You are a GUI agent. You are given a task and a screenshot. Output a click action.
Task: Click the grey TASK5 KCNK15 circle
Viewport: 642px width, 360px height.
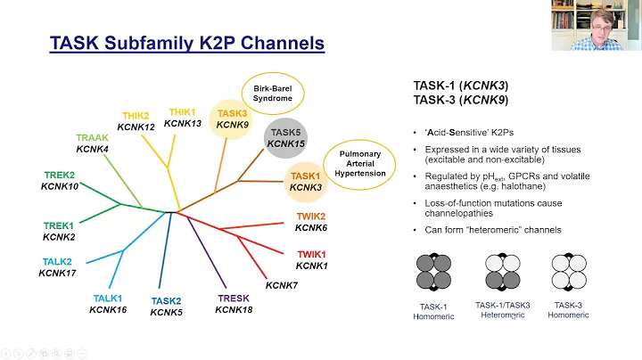click(x=285, y=137)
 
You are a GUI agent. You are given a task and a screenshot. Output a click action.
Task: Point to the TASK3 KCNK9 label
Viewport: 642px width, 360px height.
click(x=232, y=119)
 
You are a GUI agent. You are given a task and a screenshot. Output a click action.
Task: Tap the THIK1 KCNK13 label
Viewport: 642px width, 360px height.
click(x=184, y=117)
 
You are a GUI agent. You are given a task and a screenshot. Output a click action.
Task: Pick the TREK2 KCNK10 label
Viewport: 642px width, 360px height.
click(x=59, y=180)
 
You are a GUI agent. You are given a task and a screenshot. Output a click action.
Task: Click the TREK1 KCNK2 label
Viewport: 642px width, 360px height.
click(x=59, y=231)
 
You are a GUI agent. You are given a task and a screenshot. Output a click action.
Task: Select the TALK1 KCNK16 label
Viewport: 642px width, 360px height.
click(x=108, y=304)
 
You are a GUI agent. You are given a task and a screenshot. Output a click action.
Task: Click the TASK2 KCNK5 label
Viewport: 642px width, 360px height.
click(x=166, y=307)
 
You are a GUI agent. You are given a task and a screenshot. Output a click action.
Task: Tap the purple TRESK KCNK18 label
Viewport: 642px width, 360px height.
click(x=234, y=304)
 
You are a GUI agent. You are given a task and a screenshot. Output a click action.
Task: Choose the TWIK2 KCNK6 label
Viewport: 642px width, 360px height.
click(x=311, y=223)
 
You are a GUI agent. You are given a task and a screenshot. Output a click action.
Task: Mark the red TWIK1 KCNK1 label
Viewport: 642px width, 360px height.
click(x=311, y=260)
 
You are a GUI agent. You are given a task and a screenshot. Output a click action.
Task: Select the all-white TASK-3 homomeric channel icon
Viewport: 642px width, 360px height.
click(x=570, y=271)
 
